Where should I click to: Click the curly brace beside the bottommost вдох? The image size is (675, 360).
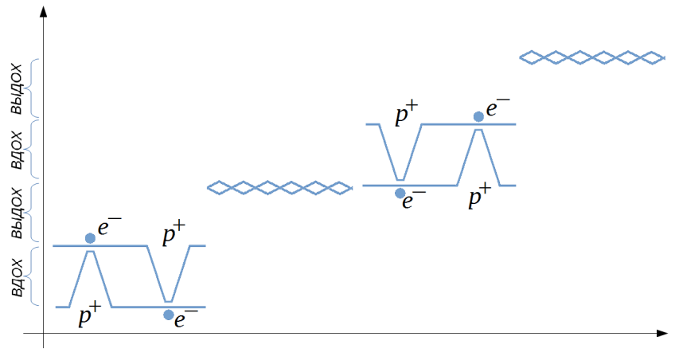[x=33, y=276]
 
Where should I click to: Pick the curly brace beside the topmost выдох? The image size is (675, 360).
[x=33, y=88]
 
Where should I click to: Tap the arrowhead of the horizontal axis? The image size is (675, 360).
[x=661, y=333]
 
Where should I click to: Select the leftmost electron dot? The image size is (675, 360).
[x=90, y=237]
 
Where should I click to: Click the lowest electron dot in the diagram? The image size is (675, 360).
[x=169, y=315]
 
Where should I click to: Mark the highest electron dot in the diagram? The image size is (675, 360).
[x=478, y=116]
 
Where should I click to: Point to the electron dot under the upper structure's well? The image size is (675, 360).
[x=400, y=193]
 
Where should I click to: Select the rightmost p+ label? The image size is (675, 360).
[x=479, y=197]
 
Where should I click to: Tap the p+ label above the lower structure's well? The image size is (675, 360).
[x=174, y=235]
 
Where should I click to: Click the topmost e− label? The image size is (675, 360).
[x=498, y=107]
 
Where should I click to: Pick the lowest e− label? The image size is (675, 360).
[x=186, y=319]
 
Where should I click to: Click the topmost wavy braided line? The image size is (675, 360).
[x=591, y=57]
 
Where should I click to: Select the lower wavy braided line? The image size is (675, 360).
[x=279, y=187]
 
